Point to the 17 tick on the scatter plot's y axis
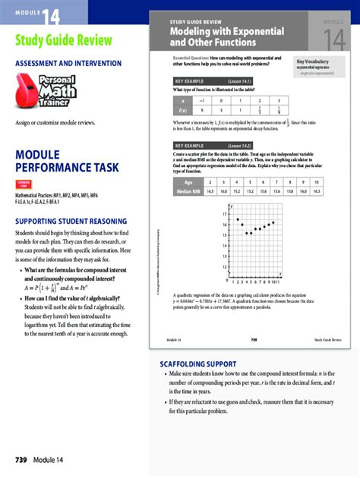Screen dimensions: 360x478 click(x=225, y=215)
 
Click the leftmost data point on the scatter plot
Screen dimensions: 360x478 click(x=238, y=219)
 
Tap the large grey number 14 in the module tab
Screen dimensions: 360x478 click(x=333, y=39)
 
